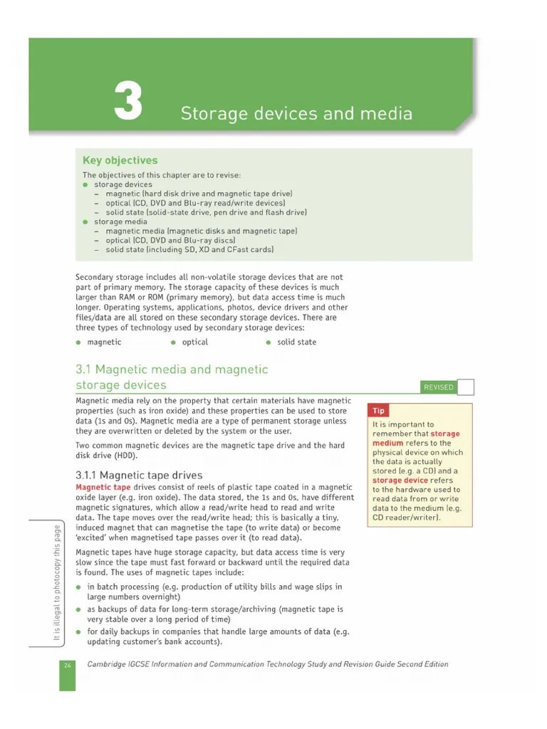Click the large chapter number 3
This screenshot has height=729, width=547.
pyautogui.click(x=128, y=102)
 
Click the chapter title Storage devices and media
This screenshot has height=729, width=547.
pyautogui.click(x=296, y=114)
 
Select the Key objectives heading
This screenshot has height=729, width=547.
pyautogui.click(x=120, y=161)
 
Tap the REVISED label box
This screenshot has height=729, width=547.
pyautogui.click(x=438, y=387)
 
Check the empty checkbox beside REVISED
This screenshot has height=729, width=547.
pyautogui.click(x=465, y=387)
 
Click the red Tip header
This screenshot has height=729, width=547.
pyautogui.click(x=379, y=411)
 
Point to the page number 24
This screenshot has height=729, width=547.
pyautogui.click(x=67, y=665)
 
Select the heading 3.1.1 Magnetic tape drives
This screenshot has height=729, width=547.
pyautogui.click(x=139, y=475)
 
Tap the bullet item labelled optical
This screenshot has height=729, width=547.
pyautogui.click(x=194, y=342)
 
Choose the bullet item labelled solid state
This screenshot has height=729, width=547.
pyautogui.click(x=296, y=342)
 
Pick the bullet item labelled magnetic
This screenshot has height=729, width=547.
pyautogui.click(x=104, y=342)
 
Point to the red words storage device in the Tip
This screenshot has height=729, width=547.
pyautogui.click(x=401, y=481)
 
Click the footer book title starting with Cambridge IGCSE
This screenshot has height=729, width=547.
pyautogui.click(x=268, y=665)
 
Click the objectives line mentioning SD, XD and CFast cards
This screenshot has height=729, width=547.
pyautogui.click(x=189, y=250)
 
